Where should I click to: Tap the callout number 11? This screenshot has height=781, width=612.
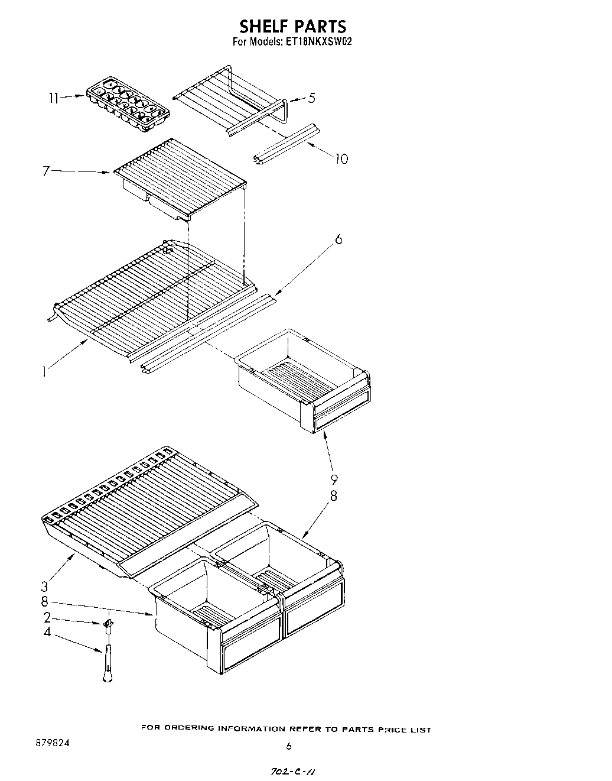coord(53,98)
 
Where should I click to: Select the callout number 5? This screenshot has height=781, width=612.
coord(311,98)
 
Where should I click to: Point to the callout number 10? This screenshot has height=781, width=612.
coord(341,158)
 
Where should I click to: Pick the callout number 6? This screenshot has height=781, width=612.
coord(338,239)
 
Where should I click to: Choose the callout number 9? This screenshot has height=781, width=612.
coord(334,479)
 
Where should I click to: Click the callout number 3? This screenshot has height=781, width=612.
coord(44,586)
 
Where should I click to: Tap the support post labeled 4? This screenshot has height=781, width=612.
coord(108,662)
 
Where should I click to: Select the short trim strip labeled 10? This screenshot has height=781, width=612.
coord(286,142)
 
